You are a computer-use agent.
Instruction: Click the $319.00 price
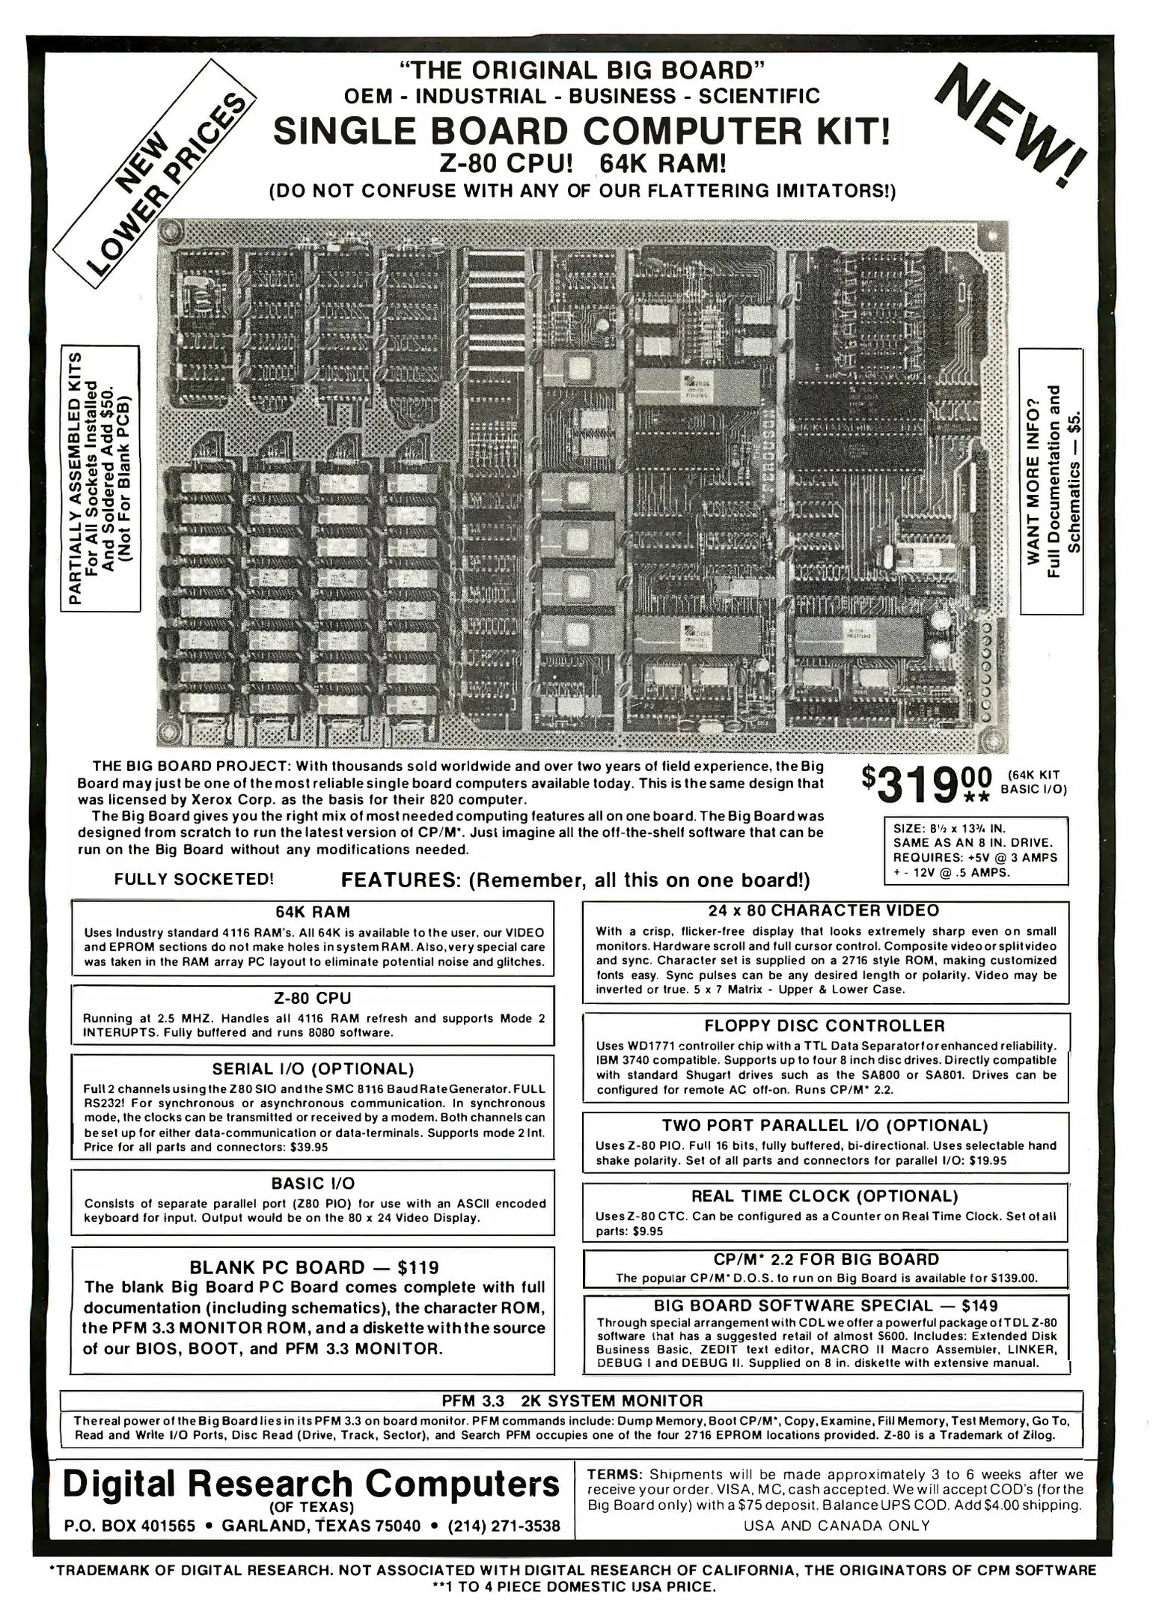927,785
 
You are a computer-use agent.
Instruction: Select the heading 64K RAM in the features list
312,912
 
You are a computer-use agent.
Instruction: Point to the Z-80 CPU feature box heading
312,998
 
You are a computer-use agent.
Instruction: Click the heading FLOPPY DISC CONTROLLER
825,1026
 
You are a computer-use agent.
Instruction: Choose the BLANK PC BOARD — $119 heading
314,1267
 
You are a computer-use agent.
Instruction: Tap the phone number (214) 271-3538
504,1526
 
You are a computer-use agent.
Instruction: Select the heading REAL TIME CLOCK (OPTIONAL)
825,1196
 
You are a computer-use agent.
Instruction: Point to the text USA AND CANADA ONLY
837,1526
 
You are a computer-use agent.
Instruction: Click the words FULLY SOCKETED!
194,879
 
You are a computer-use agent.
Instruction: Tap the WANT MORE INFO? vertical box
1051,481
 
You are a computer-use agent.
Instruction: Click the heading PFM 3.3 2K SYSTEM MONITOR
572,1401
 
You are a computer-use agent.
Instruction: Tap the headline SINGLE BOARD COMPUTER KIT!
582,132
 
